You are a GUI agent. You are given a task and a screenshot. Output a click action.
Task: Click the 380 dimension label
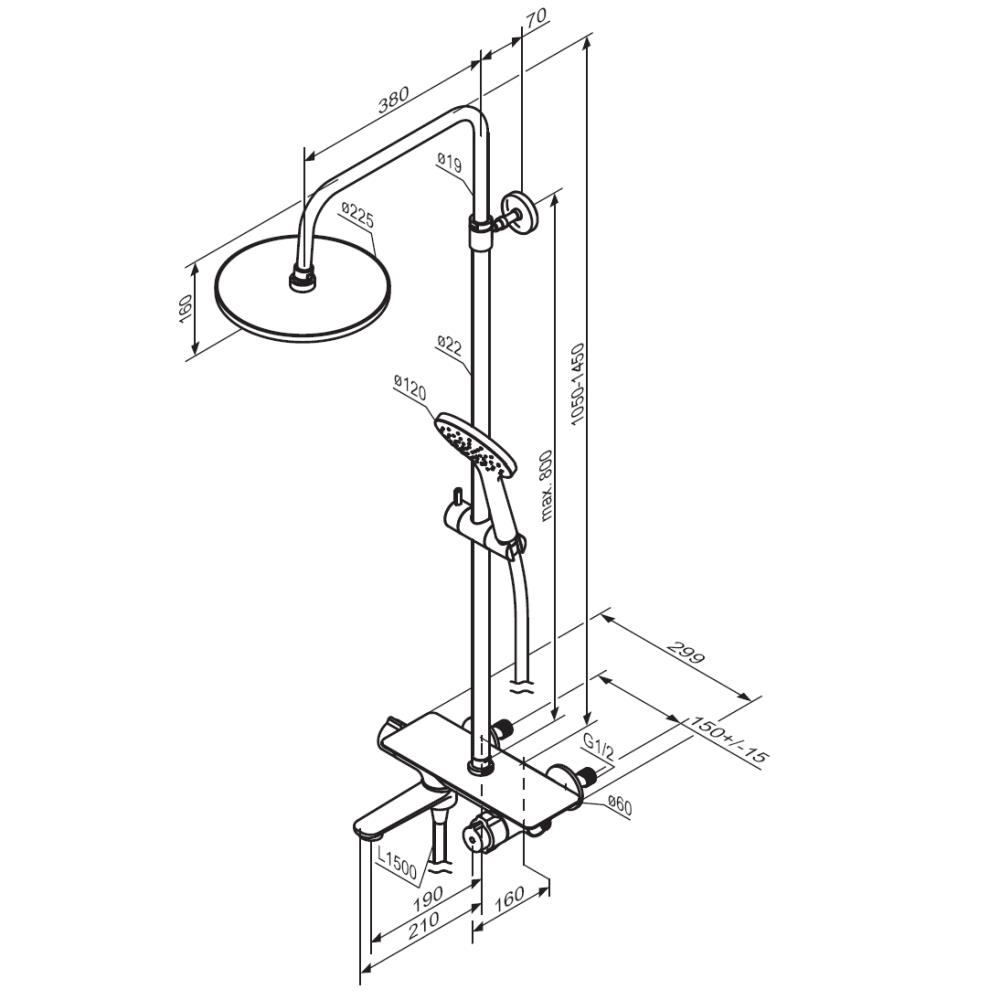[x=393, y=99]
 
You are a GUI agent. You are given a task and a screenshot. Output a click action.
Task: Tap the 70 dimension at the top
[x=536, y=18]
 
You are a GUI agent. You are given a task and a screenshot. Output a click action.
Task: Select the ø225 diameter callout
[x=357, y=215]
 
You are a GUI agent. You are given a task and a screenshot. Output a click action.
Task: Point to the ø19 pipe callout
[x=450, y=163]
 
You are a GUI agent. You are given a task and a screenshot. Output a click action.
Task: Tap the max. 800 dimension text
[x=546, y=486]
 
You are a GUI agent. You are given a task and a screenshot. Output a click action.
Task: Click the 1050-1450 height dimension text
[x=577, y=384]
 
